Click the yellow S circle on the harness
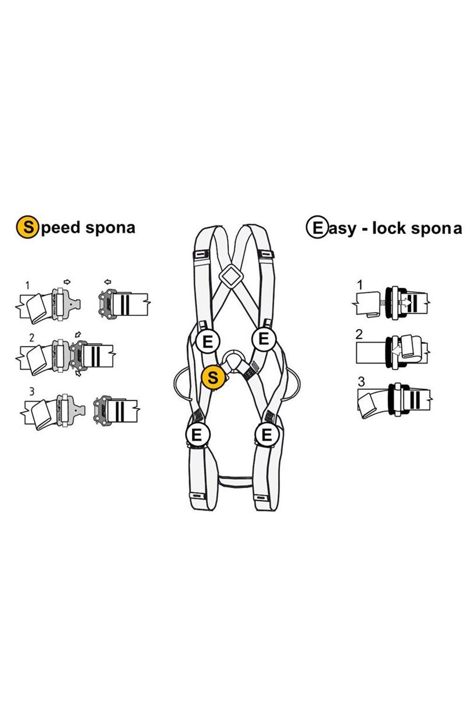[213, 377]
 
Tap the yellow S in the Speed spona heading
[27, 228]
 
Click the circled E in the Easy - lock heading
[317, 228]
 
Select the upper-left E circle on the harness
[208, 342]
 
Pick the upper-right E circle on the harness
[264, 338]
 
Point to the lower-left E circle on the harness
[197, 435]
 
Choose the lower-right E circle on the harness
[267, 435]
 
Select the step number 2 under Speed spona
[32, 337]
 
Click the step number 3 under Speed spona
[32, 391]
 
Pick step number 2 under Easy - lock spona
[359, 334]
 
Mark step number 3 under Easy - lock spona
[361, 383]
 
